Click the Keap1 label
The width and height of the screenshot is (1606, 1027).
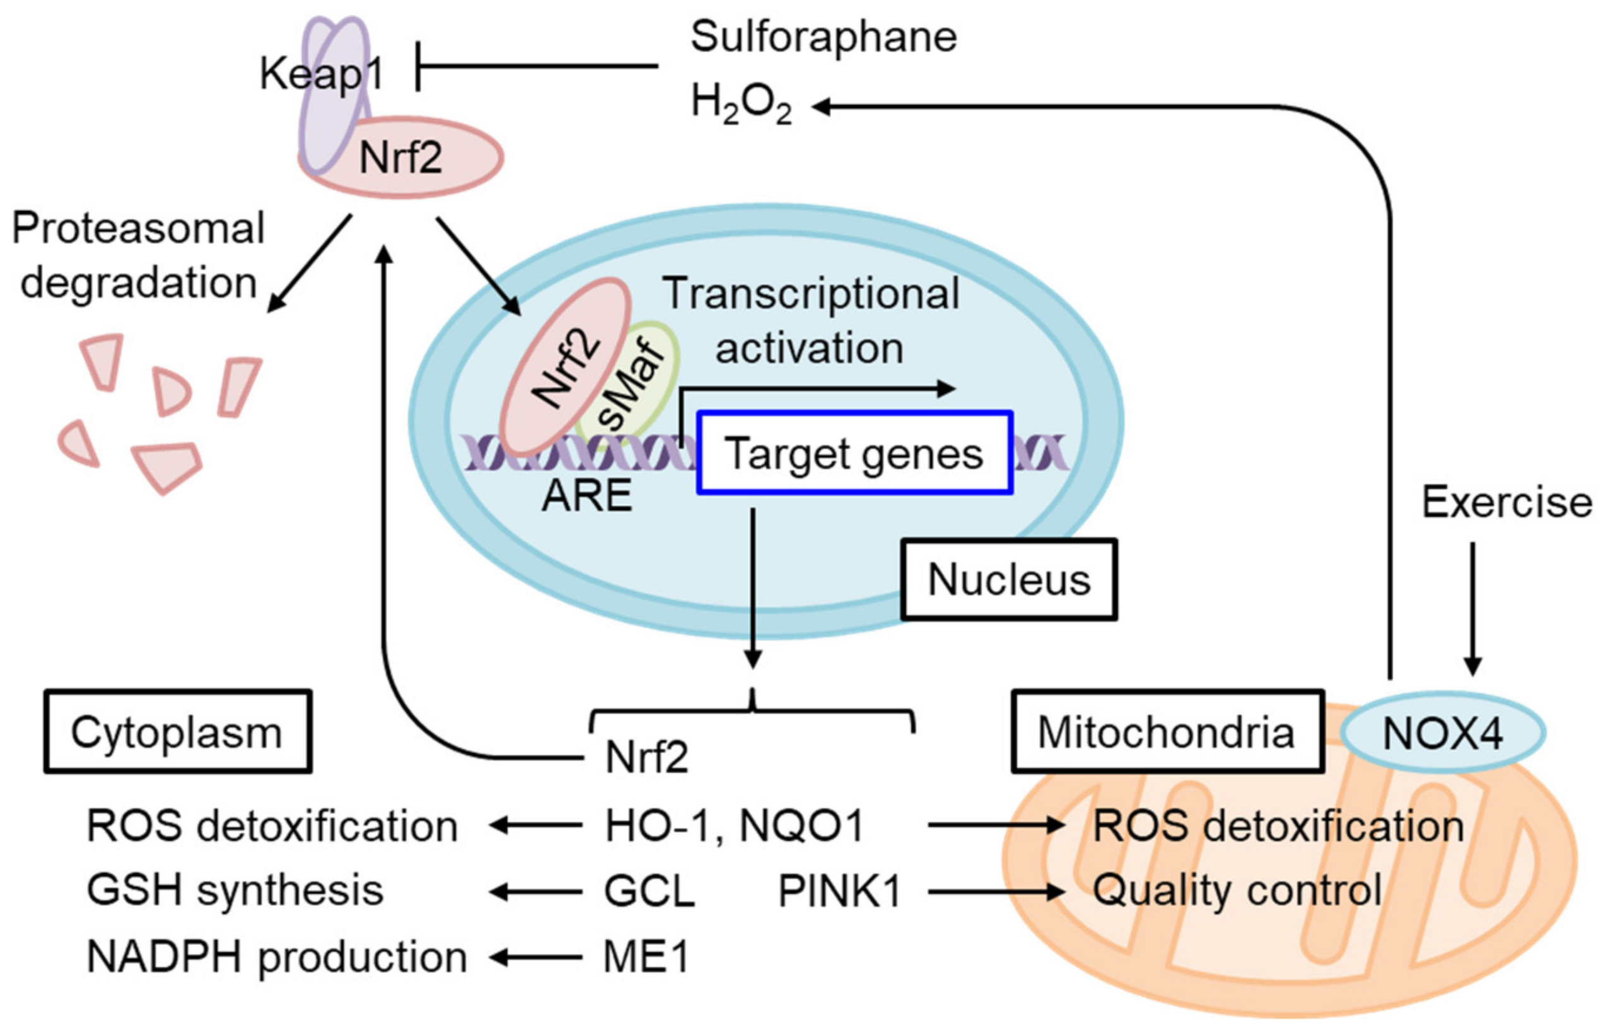coord(322,73)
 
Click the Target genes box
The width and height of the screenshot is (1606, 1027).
coord(854,453)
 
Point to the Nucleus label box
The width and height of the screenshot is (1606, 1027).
coord(1008,579)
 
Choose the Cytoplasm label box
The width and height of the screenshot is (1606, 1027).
coord(177,732)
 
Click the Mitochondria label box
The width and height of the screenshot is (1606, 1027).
coord(1167,732)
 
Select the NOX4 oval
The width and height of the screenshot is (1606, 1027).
coord(1443,732)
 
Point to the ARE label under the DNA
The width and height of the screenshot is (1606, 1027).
coord(587,496)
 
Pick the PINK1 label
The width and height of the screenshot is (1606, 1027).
coord(839,891)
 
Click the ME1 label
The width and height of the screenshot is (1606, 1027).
coord(646,957)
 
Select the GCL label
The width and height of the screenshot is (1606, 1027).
coord(649,891)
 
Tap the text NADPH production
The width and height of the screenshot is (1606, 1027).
coord(277,957)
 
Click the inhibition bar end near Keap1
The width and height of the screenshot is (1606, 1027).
coord(418,66)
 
